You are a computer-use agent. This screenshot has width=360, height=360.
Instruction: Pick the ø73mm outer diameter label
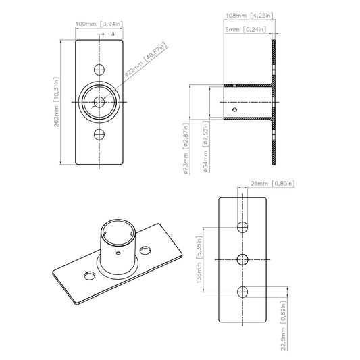tap(185, 151)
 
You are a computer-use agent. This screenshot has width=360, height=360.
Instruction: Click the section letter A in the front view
tap(112, 32)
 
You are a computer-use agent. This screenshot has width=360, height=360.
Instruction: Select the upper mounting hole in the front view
tap(100, 70)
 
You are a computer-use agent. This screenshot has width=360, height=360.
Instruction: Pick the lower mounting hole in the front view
tap(100, 134)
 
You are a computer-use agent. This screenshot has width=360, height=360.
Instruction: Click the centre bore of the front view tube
tap(100, 102)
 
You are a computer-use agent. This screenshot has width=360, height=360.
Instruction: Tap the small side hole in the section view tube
tap(234, 108)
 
